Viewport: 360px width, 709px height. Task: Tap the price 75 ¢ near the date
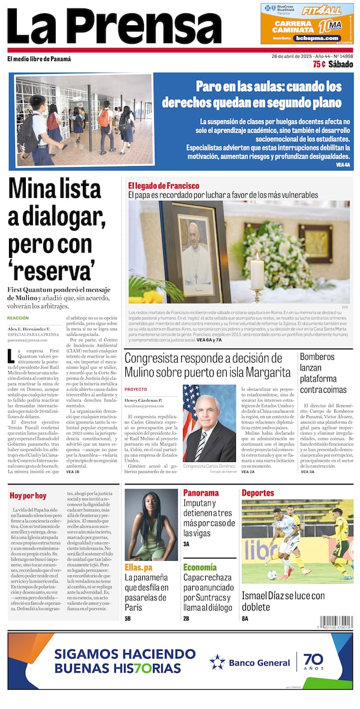click(x=319, y=65)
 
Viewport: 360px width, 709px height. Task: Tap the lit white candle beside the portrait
click(x=257, y=273)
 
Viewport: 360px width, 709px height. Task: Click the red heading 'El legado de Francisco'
click(x=163, y=186)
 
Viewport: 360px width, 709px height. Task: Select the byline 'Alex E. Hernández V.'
click(x=29, y=329)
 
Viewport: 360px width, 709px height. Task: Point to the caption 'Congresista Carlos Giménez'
click(x=209, y=465)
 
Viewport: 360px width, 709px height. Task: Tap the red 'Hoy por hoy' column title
click(x=28, y=495)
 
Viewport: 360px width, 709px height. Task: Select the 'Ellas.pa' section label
click(x=139, y=567)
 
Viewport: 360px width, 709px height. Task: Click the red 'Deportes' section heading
click(x=258, y=493)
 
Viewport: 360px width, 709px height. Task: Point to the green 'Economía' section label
click(x=200, y=567)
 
